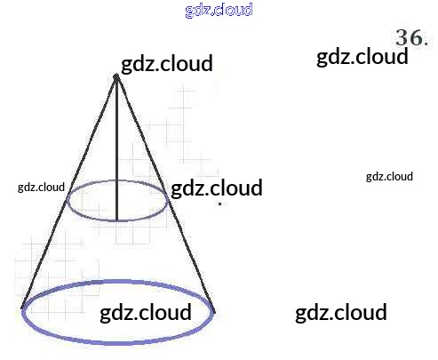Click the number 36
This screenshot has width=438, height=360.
pos(409,37)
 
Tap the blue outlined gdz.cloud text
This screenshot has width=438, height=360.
pos(219,10)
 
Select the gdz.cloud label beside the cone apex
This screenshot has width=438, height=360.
pos(167,64)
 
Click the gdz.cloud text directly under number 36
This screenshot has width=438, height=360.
pos(362,57)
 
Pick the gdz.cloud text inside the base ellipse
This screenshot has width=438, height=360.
pos(146,313)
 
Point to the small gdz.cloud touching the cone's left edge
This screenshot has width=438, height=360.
pos(41,188)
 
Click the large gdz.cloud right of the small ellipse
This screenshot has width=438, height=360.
pos(217,188)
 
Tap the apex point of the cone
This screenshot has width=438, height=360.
pos(116,77)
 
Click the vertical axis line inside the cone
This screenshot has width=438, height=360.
pos(116,149)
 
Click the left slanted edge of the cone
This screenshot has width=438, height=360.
pos(68,193)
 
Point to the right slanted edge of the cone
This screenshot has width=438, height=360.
pos(165,194)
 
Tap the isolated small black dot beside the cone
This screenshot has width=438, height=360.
pos(219,204)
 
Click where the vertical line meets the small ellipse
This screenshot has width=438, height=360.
pos(116,220)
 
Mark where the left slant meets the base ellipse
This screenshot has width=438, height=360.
pos(22,308)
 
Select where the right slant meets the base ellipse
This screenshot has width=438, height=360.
pos(214,311)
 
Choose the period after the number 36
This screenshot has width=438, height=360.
pos(426,44)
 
